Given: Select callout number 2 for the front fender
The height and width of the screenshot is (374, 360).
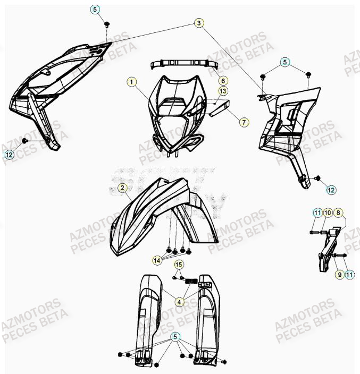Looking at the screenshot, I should coord(122,188).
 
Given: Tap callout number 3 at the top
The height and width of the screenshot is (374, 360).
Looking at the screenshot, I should coord(198,23).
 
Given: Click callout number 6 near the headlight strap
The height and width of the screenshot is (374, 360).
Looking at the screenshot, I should coord(223,81).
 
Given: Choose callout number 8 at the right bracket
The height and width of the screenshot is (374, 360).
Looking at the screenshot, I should coord(339,212).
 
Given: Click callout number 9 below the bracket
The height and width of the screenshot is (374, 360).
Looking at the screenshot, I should coord(338,274).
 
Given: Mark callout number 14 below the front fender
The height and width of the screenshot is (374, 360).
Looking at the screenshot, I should coord(157,260).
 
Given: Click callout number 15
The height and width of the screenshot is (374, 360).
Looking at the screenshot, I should coord(179,265).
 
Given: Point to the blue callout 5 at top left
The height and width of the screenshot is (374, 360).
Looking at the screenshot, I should coord(95,10).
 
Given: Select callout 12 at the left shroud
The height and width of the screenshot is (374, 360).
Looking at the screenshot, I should coord(10,155).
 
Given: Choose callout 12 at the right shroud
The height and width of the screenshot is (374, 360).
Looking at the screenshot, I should coord(330,189).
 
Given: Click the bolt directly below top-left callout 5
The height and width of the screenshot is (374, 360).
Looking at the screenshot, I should coord(107,24).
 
